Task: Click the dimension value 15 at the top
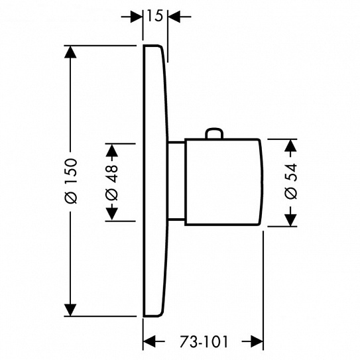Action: click(154, 16)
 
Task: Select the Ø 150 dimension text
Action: click(71, 181)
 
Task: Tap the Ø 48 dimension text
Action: click(112, 182)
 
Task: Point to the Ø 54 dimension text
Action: click(291, 181)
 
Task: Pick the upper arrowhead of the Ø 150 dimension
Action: click(70, 52)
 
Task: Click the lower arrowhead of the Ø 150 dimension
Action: click(70, 310)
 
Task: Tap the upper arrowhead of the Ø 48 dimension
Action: click(112, 150)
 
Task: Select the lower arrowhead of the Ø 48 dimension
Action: click(112, 214)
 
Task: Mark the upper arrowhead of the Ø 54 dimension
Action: click(290, 145)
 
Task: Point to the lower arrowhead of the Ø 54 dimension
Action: click(290, 220)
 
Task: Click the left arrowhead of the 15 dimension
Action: click(137, 17)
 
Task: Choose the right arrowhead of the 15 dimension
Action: click(174, 17)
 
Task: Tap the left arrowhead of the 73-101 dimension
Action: click(149, 341)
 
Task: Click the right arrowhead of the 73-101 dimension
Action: click(257, 341)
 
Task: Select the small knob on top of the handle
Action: click(214, 133)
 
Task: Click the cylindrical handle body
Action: click(223, 182)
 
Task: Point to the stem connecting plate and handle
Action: click(176, 182)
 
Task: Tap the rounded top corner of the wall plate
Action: click(160, 48)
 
